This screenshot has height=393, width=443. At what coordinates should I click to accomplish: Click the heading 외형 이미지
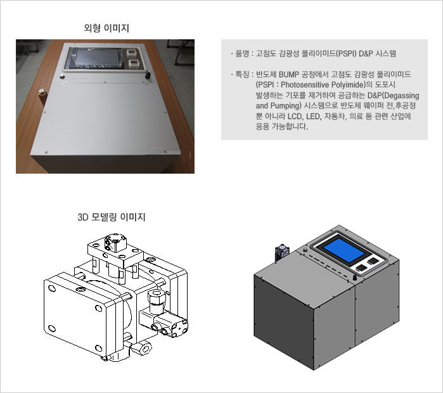(x=106, y=28)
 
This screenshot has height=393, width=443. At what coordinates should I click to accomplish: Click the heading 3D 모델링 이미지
(x=112, y=217)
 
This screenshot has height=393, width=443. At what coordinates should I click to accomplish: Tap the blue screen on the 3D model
(x=343, y=249)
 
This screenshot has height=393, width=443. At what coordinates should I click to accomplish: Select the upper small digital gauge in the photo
(x=132, y=53)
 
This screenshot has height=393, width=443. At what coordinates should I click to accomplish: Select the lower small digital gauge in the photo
(x=133, y=63)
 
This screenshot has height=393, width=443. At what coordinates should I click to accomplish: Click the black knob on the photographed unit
(x=148, y=75)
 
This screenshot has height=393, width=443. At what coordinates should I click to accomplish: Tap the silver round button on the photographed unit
(x=62, y=76)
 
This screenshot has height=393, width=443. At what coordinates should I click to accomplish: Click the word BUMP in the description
(x=289, y=75)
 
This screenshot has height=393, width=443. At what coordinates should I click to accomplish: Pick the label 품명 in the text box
(x=242, y=53)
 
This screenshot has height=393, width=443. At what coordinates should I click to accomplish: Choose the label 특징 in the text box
(x=242, y=75)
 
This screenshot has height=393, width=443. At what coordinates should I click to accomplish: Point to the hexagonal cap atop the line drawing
(x=116, y=242)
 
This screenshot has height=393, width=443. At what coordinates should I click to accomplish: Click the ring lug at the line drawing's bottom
(x=144, y=349)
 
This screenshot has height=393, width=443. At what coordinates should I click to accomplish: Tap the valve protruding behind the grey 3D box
(x=281, y=253)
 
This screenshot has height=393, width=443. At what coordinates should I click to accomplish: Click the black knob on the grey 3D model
(x=355, y=278)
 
